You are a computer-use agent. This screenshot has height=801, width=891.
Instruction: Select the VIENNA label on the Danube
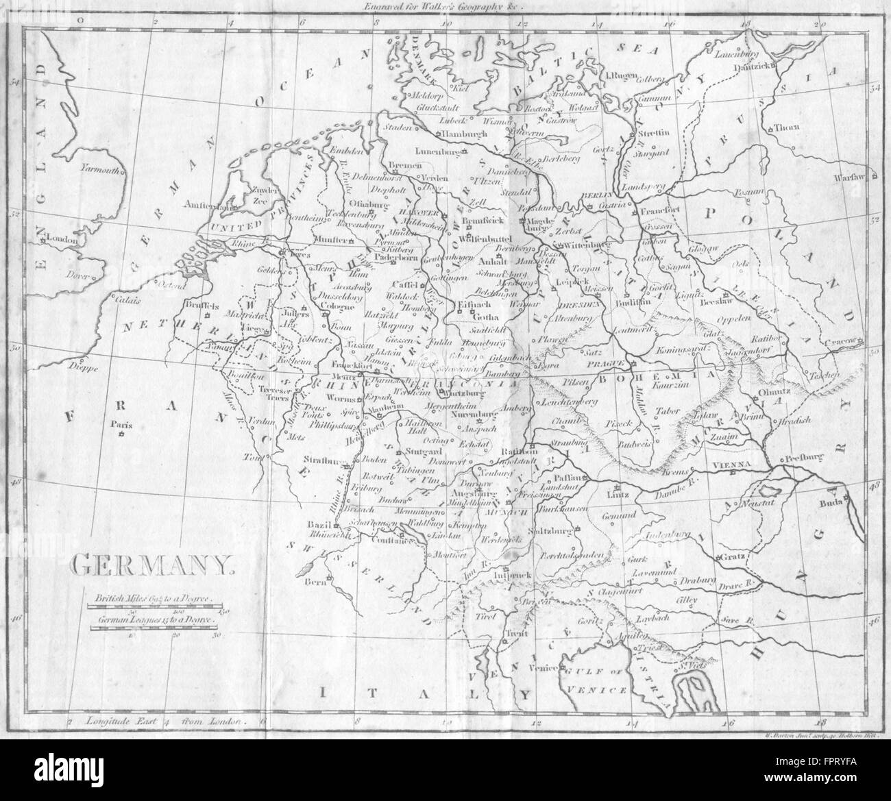point(733,465)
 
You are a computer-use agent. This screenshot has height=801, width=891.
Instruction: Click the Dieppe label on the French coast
point(83,367)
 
